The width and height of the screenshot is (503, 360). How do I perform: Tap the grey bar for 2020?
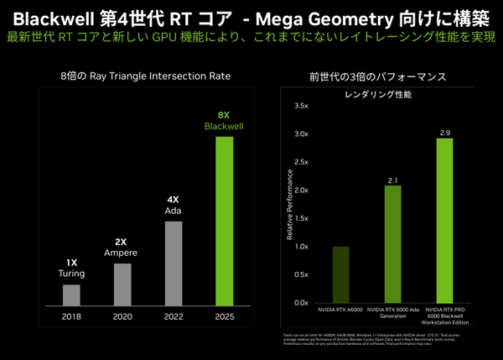pyautogui.click(x=122, y=284)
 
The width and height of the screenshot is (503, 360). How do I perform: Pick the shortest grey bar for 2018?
pyautogui.click(x=72, y=295)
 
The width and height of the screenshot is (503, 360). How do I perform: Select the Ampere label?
pyautogui.click(x=121, y=253)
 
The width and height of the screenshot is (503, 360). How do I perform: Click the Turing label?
pyautogui.click(x=72, y=274)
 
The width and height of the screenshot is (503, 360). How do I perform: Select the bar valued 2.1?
pyautogui.click(x=392, y=243)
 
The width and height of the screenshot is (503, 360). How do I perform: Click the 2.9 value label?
pyautogui.click(x=444, y=133)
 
